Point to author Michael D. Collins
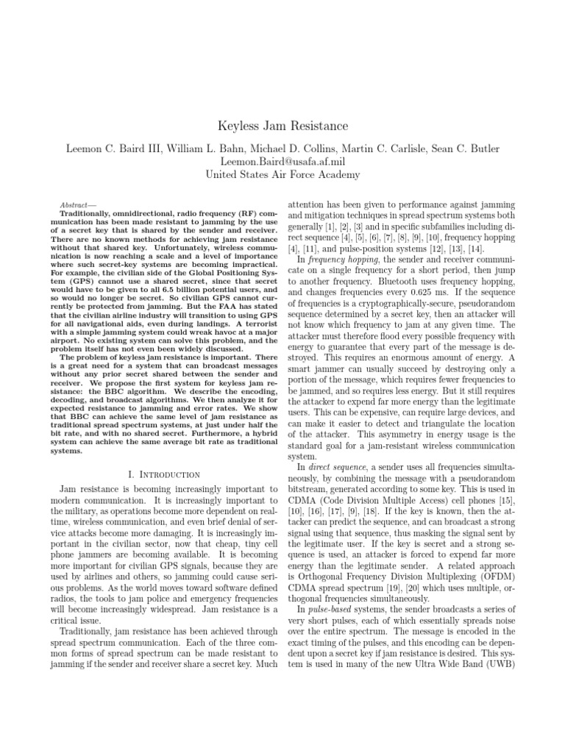click(293, 148)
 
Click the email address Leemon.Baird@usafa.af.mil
click(282, 161)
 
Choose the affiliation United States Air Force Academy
click(282, 174)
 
